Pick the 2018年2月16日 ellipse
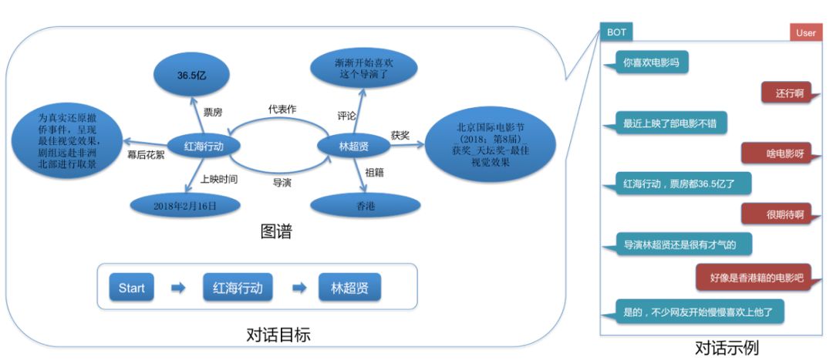[185, 206]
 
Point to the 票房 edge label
[213, 113]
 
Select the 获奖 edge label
[400, 134]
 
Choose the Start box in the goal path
[131, 288]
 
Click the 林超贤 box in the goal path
[349, 288]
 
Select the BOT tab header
[617, 32]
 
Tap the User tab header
[805, 32]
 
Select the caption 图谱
[276, 231]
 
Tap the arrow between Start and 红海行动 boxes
[178, 288]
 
